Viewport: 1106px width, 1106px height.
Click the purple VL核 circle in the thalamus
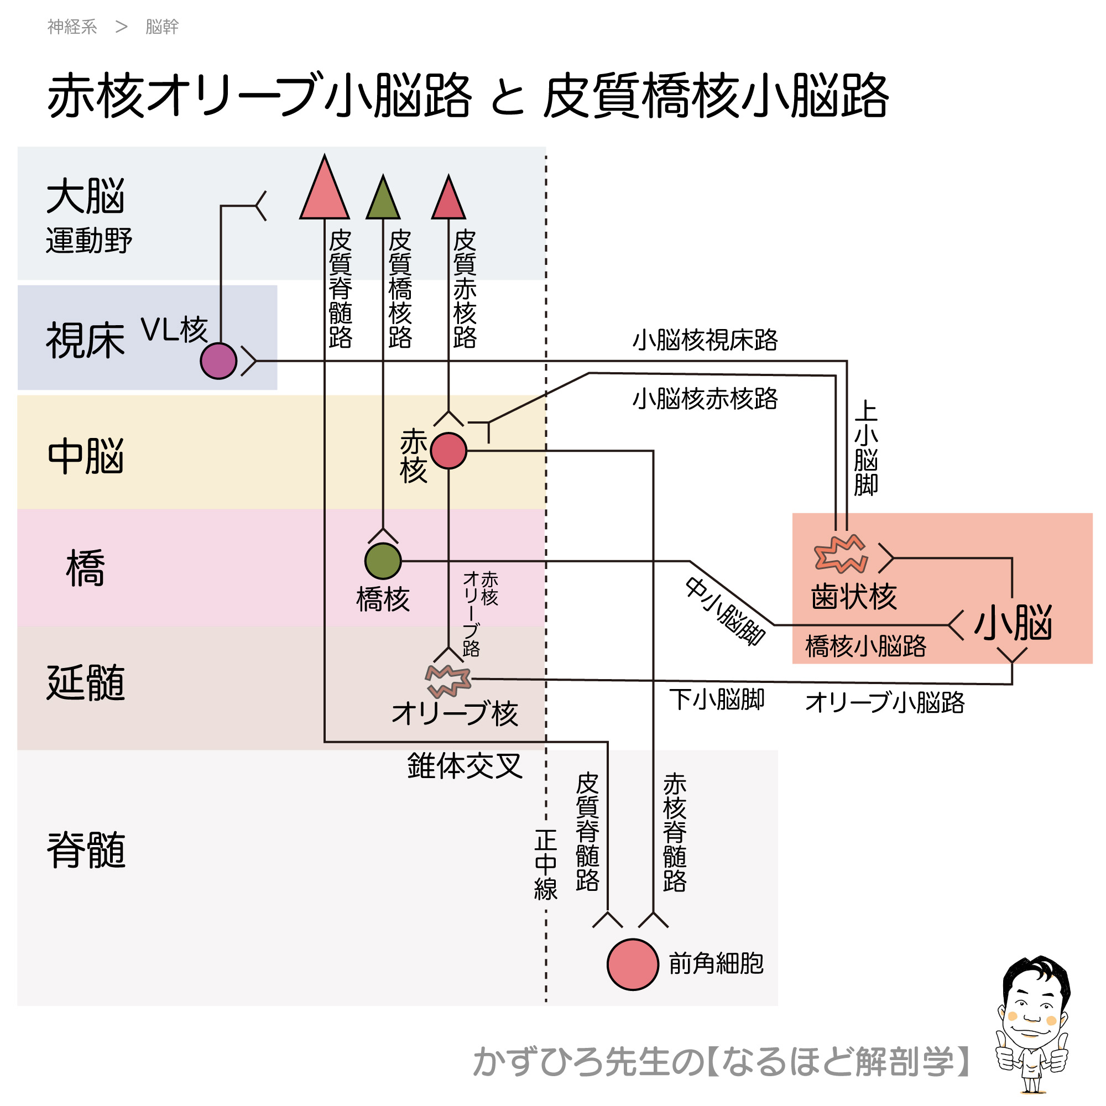pos(218,361)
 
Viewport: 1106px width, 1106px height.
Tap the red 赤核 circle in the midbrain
pos(448,451)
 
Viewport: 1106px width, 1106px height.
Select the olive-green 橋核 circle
pos(383,561)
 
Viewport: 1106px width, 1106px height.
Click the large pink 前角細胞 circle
pos(633,964)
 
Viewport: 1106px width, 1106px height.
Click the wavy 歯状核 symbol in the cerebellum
pos(841,554)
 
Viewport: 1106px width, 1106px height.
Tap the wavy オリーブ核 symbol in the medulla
pos(448,680)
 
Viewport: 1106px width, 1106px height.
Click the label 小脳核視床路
pos(705,340)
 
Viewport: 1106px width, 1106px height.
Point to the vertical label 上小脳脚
pos(865,448)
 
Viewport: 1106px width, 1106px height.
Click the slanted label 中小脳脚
pos(726,612)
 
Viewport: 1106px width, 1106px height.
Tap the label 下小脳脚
pos(717,700)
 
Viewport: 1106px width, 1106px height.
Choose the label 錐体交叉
pos(465,766)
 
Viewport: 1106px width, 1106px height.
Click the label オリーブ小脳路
pos(884,702)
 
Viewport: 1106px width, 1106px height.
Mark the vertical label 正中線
pos(546,865)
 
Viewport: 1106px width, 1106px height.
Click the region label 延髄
pos(86,683)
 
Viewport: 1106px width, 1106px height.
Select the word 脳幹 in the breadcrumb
pos(162,27)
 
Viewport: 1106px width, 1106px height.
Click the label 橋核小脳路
pos(865,646)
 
